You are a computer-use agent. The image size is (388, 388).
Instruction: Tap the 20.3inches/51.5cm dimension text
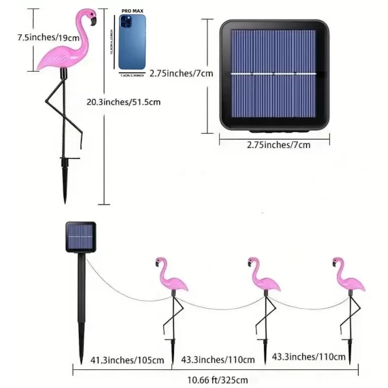(x=124, y=101)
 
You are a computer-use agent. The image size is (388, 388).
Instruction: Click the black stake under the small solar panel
(x=81, y=304)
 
